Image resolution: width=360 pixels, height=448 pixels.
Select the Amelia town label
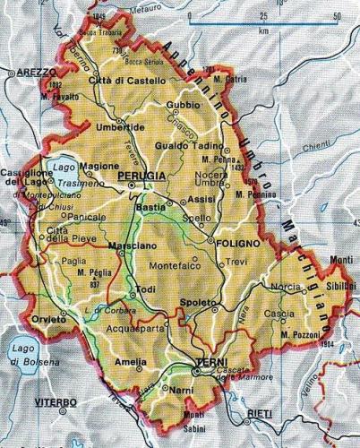click(x=130, y=361)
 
